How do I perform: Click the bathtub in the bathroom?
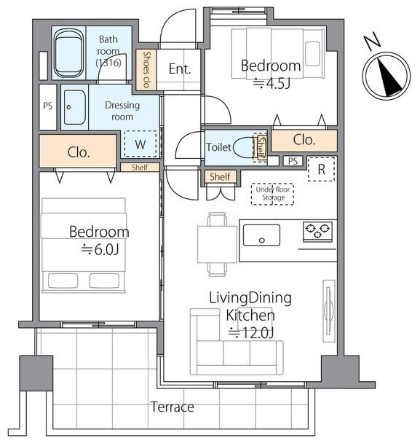coord(70,53)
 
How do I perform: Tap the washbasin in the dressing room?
coord(74,108)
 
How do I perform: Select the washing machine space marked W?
coord(140,144)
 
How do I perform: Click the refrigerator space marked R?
coord(321,169)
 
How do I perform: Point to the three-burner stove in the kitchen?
coord(317,232)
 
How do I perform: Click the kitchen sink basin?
coord(261,235)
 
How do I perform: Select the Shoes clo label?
coord(146,70)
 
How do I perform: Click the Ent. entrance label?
coord(179,69)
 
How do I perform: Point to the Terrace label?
coord(173,407)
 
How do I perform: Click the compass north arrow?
coord(388,77)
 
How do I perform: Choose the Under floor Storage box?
coord(272,194)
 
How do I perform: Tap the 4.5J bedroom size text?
coord(272,83)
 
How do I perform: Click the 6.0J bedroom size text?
coord(100,250)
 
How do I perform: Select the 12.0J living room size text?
coord(251,333)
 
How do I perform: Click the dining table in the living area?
coord(218,244)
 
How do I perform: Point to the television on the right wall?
coord(329,310)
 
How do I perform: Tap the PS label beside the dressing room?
coord(48,106)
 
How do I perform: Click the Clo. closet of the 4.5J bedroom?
coord(304,140)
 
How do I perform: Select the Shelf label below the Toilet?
coord(220,176)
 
